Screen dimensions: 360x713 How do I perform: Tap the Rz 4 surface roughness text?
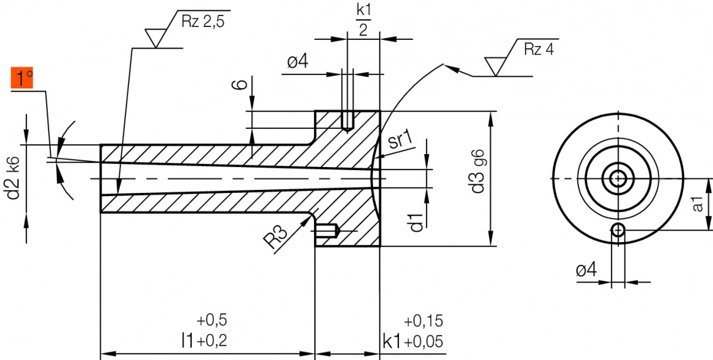point(538,50)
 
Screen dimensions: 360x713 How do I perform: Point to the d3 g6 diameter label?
point(478,171)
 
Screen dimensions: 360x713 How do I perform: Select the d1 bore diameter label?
point(417,222)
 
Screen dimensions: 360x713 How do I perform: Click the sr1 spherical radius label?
point(399,142)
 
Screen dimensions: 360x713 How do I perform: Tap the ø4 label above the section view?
point(297,62)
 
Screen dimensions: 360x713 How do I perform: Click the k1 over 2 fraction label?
point(363,20)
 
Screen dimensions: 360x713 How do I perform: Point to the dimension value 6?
point(244,83)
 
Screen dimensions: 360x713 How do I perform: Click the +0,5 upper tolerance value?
point(212,321)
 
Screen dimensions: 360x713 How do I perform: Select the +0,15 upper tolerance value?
point(423,321)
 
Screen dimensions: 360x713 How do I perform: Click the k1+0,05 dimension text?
point(412,340)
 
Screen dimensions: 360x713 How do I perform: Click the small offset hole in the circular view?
point(618,230)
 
